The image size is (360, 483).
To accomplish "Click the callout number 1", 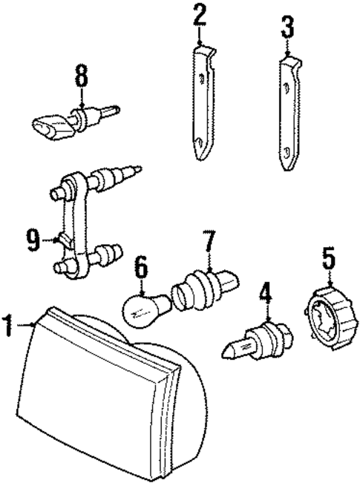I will (x=9, y=324).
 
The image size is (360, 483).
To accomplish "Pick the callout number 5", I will (x=329, y=260).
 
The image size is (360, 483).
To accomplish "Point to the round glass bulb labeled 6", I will (x=143, y=310).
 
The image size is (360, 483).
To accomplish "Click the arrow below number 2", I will (x=199, y=36).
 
